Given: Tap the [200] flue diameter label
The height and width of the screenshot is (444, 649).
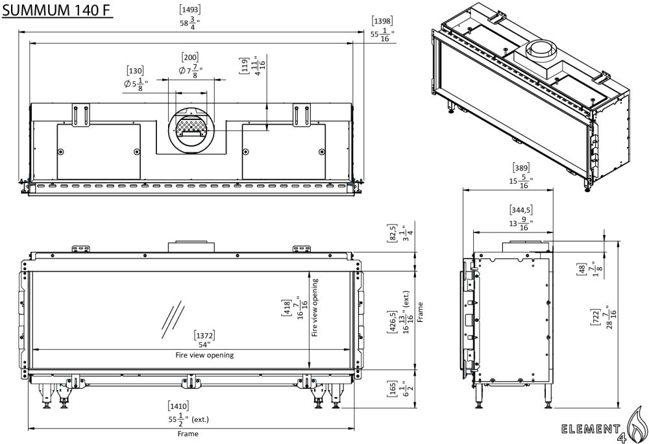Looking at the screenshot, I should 190,57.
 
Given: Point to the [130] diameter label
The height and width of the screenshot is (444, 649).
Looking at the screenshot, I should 136,70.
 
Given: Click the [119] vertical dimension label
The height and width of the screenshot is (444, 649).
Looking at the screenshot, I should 245,66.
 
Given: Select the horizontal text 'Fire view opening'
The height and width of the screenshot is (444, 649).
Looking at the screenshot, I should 204,355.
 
